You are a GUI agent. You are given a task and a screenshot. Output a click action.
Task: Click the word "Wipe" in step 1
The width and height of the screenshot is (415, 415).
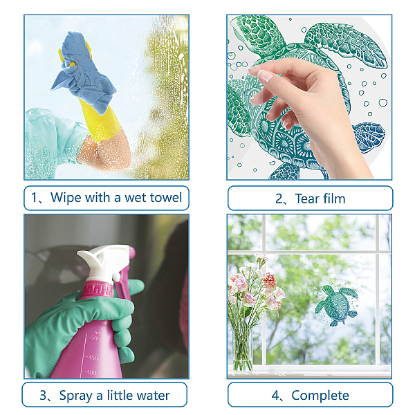[66, 197]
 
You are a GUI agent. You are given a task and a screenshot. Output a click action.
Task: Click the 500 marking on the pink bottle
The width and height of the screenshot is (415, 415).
[94, 338]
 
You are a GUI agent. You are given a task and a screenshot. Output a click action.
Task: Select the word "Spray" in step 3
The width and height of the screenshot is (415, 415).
[75, 396]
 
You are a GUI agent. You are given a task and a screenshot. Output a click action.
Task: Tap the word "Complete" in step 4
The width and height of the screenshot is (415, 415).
[320, 396]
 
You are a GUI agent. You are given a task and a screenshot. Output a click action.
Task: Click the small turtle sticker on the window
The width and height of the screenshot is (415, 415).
[337, 305]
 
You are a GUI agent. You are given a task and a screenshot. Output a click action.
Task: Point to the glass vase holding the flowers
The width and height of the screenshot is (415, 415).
[242, 350]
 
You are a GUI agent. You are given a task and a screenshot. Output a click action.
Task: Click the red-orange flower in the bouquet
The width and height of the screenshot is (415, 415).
[270, 280]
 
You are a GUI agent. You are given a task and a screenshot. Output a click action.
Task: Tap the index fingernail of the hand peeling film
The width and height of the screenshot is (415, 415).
[265, 75]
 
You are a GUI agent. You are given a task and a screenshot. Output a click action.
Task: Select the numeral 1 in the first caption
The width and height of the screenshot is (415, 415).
[34, 198]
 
